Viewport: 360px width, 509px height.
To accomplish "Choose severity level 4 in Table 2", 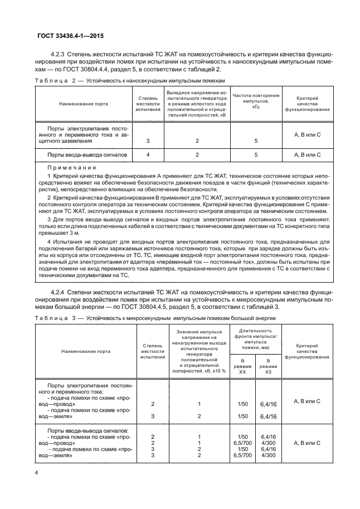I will (148, 154).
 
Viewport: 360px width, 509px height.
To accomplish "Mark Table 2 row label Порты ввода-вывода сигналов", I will (87, 154).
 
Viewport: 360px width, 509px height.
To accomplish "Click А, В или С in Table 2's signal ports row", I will (307, 154).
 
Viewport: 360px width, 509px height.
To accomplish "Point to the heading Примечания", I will (72, 167).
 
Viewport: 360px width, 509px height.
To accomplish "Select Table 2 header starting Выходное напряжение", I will (196, 103).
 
